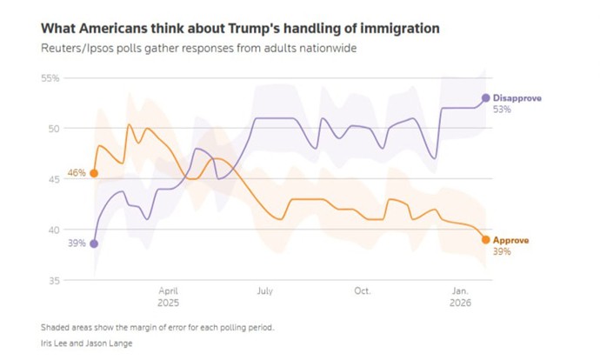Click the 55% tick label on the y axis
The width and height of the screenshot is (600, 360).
tap(49, 78)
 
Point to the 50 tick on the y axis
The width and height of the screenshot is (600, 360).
tap(52, 129)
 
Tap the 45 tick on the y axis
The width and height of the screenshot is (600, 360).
tap(52, 179)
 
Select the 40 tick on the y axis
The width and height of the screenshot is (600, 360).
tap(52, 230)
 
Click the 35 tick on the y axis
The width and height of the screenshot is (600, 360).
tap(52, 280)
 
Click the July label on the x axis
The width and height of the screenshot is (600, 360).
tap(264, 291)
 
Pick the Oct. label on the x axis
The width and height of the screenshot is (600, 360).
tap(363, 291)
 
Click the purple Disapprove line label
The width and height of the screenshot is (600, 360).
tap(517, 98)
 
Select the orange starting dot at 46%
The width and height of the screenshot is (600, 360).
tap(94, 173)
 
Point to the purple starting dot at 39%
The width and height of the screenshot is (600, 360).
tap(94, 244)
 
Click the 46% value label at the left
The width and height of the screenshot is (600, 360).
tap(77, 173)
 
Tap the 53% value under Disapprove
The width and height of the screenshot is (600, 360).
tap(503, 110)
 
